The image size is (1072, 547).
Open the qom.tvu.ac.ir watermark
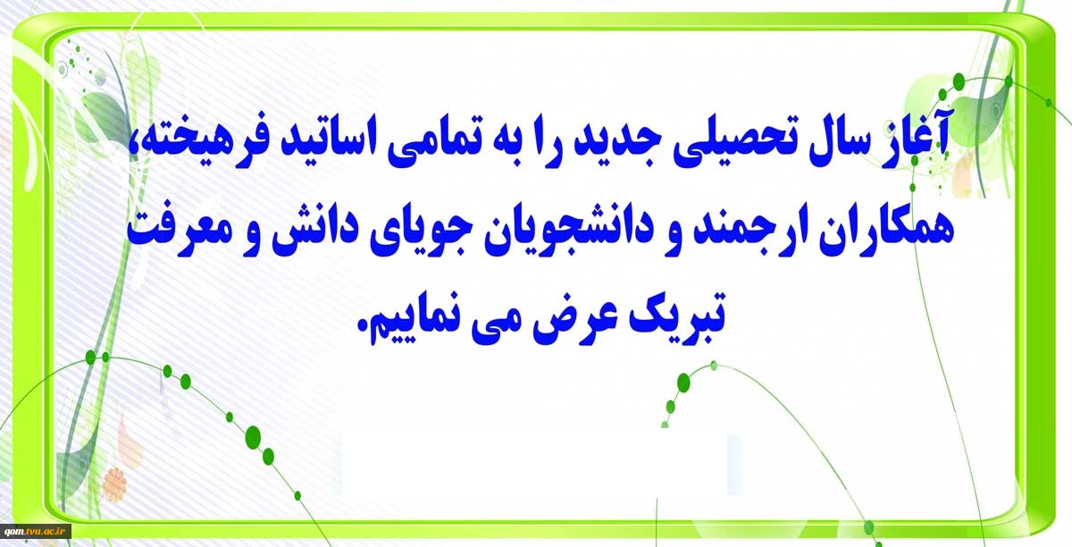36,530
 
